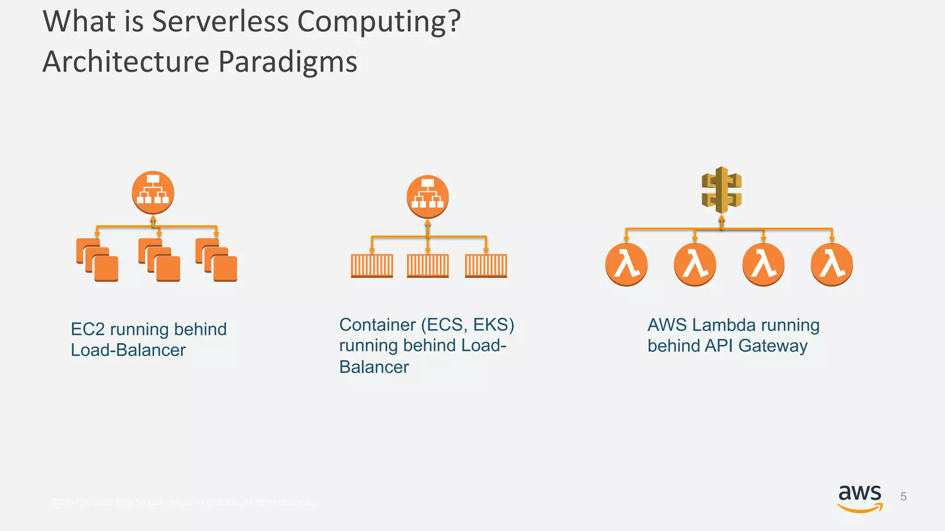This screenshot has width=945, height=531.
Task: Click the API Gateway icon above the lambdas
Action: click(x=722, y=189)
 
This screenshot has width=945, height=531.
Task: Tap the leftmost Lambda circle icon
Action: click(x=626, y=265)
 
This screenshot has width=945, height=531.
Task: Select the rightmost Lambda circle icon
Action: click(x=831, y=265)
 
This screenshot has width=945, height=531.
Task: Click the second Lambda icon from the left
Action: click(x=695, y=265)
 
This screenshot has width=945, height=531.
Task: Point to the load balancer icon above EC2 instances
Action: click(x=153, y=193)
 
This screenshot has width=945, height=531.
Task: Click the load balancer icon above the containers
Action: click(x=428, y=197)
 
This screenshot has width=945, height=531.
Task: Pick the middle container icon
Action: click(x=428, y=266)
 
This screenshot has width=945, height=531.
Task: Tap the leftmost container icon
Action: click(x=372, y=266)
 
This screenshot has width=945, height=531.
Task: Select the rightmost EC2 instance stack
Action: click(x=216, y=260)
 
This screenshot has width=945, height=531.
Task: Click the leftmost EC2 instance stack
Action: click(x=97, y=260)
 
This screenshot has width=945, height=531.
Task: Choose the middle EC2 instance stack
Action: click(x=159, y=260)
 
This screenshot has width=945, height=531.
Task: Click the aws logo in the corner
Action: click(x=860, y=498)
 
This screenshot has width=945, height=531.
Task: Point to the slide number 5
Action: click(x=903, y=497)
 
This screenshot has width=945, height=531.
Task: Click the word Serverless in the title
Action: click(x=220, y=21)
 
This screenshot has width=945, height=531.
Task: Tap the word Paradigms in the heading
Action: click(x=287, y=62)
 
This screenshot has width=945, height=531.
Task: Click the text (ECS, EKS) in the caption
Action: click(x=467, y=325)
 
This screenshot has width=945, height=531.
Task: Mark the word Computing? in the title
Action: click(x=379, y=21)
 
